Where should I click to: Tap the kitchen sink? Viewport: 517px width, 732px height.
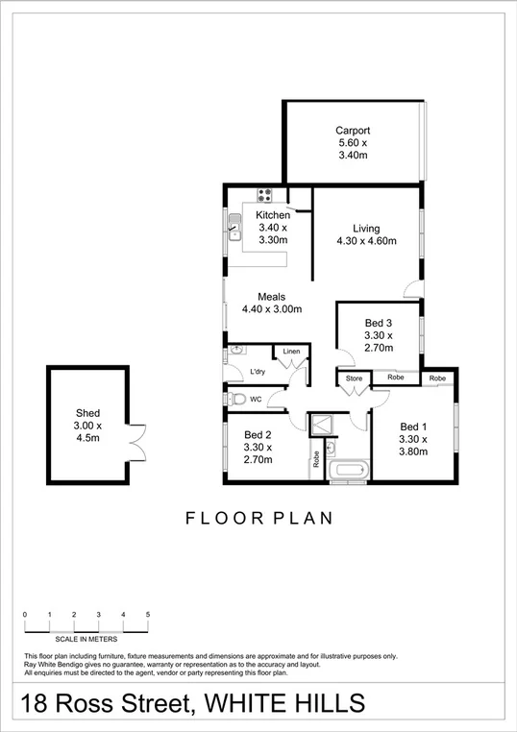pyautogui.click(x=234, y=231)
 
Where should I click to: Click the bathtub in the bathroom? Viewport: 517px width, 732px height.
pyautogui.click(x=347, y=472)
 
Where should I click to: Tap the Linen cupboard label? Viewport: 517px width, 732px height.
pyautogui.click(x=291, y=353)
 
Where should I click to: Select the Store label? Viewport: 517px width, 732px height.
pyautogui.click(x=355, y=378)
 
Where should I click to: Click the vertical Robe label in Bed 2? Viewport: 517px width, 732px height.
pyautogui.click(x=314, y=459)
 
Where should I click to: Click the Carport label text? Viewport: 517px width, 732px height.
pyautogui.click(x=353, y=131)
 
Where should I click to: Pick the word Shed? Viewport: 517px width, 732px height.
pyautogui.click(x=87, y=413)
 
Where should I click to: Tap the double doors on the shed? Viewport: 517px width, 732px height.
pyautogui.click(x=137, y=443)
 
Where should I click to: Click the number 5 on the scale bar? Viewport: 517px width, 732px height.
pyautogui.click(x=148, y=614)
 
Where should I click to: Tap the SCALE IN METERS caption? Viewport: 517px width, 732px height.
pyautogui.click(x=87, y=640)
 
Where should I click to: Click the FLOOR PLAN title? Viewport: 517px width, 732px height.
pyautogui.click(x=258, y=519)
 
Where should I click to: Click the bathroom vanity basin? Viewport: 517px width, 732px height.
pyautogui.click(x=331, y=448)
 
